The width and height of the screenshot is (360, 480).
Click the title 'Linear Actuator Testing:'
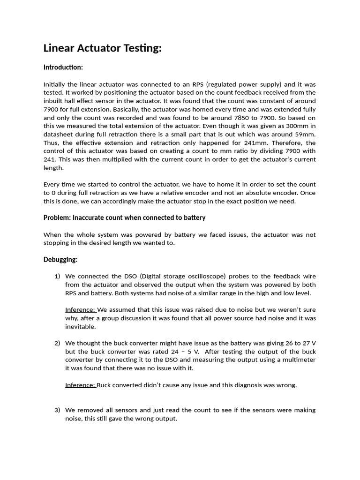[x=102, y=48]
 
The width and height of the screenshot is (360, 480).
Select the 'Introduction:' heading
[x=63, y=67]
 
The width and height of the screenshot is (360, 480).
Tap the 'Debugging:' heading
[x=60, y=259]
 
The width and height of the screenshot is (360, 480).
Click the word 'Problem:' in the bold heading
[x=57, y=217]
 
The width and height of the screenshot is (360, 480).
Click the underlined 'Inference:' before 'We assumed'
[x=80, y=310]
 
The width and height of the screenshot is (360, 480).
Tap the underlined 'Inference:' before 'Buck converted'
[x=80, y=385]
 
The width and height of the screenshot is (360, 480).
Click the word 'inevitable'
[x=80, y=327]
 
